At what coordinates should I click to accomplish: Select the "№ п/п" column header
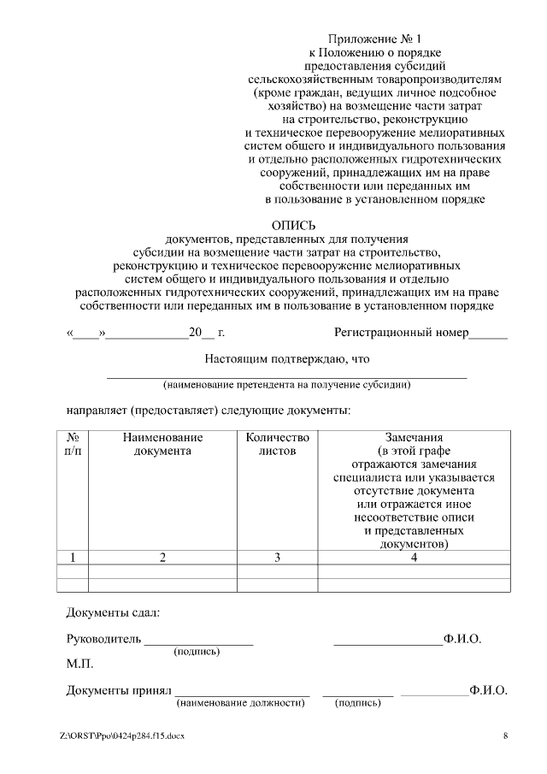[73, 444]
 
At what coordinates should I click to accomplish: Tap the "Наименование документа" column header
[162, 444]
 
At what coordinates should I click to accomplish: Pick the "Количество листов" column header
[277, 444]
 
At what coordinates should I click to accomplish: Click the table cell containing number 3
[277, 558]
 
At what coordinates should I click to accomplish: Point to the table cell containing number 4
[414, 558]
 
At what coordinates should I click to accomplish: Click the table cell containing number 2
[162, 558]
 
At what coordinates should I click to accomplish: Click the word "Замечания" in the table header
[414, 437]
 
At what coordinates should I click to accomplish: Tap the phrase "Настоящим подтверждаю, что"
[286, 360]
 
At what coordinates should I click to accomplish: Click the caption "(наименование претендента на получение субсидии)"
[286, 385]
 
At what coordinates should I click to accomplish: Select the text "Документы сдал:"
[113, 612]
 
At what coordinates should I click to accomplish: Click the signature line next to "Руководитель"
[198, 641]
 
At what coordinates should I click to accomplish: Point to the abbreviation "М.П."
[79, 664]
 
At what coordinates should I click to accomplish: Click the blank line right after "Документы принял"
[243, 692]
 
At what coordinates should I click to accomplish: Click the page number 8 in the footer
[505, 736]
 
